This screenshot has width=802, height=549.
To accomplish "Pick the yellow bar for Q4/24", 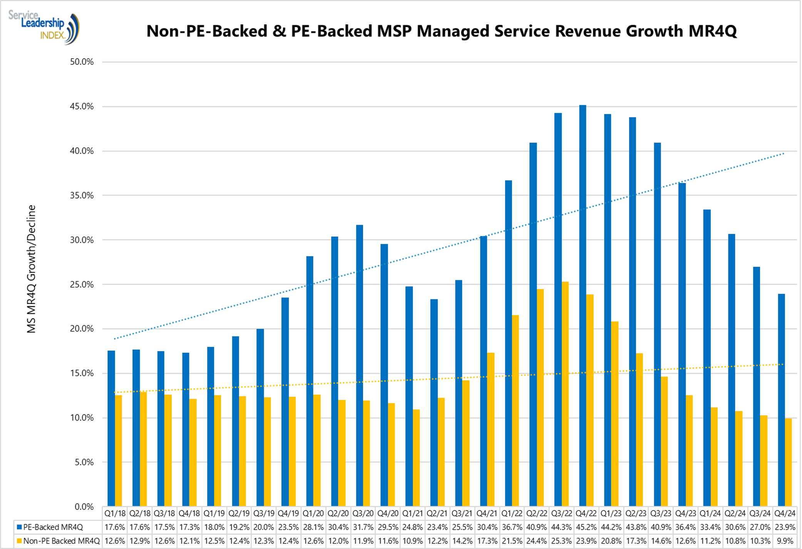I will (x=789, y=462).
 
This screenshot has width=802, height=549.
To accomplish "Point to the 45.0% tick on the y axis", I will (x=82, y=107).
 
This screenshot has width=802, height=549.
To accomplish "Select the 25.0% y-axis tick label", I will (x=82, y=285).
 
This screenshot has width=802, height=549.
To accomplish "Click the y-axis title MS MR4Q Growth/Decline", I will (x=31, y=269).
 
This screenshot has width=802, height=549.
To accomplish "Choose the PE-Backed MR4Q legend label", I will (x=53, y=527).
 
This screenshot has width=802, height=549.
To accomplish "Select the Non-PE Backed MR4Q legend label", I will (x=61, y=541).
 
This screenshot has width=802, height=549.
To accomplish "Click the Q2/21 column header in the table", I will (x=437, y=514).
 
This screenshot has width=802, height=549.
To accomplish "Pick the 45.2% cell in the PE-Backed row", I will (x=586, y=527).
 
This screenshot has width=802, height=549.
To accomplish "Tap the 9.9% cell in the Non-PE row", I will (x=785, y=541).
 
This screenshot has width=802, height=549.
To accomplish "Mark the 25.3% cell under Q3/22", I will (x=561, y=541).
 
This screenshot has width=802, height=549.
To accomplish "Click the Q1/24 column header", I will (x=710, y=514).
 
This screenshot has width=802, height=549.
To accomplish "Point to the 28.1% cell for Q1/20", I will (x=313, y=527).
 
